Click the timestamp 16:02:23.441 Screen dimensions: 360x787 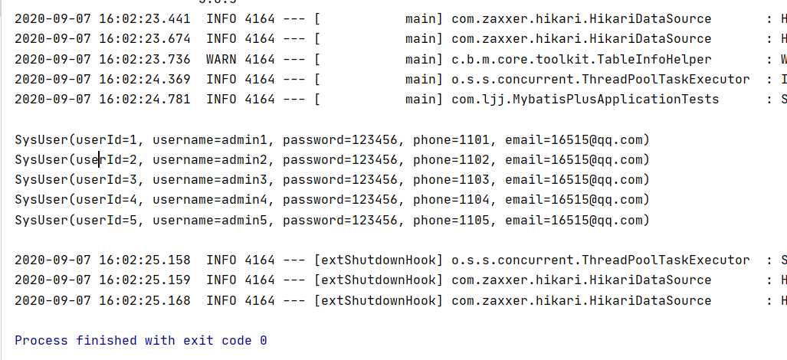pyautogui.click(x=145, y=19)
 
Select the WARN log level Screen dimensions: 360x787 pyautogui.click(x=221, y=59)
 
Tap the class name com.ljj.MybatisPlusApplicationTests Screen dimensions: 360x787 pyautogui.click(x=585, y=99)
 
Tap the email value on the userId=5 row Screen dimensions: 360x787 pyautogui.click(x=577, y=220)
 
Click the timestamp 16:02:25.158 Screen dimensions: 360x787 pyautogui.click(x=145, y=260)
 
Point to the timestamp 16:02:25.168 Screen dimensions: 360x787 pyautogui.click(x=145, y=300)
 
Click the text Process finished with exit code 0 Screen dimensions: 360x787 pyautogui.click(x=141, y=340)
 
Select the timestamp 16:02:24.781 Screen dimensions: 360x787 pyautogui.click(x=145, y=99)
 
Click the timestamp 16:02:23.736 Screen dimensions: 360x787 pyautogui.click(x=145, y=59)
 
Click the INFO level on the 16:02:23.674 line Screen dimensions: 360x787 pyautogui.click(x=221, y=39)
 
